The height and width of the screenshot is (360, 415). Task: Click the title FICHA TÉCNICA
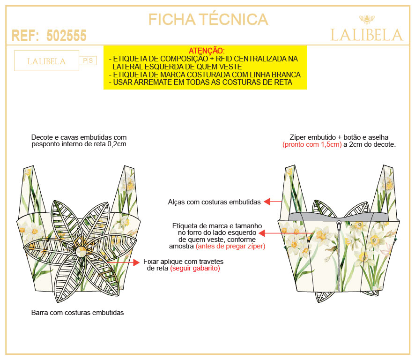pos(208,19)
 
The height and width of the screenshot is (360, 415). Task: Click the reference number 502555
pos(67,36)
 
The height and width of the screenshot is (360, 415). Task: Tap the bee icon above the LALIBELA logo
pos(367,19)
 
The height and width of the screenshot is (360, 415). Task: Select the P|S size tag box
pos(88,60)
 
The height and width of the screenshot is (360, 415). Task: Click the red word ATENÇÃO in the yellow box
pos(207,51)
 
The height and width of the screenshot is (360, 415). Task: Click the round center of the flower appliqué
pos(81,251)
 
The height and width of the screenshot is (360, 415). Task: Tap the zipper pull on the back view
pos(339,225)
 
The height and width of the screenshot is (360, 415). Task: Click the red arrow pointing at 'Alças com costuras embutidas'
pos(273,202)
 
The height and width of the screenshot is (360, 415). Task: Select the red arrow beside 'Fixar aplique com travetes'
pos(123,262)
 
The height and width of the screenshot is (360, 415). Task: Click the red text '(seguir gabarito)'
pos(195,268)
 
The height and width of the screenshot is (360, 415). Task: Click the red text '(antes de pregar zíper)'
pos(230,246)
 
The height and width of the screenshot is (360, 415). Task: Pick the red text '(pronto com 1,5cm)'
pos(312,144)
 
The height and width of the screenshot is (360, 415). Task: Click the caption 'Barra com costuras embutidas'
pos(78,313)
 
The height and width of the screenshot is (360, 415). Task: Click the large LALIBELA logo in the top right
pos(367,35)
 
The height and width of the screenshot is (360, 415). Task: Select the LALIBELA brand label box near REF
pos(46,60)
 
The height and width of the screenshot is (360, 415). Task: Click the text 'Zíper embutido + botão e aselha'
pos(339,137)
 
